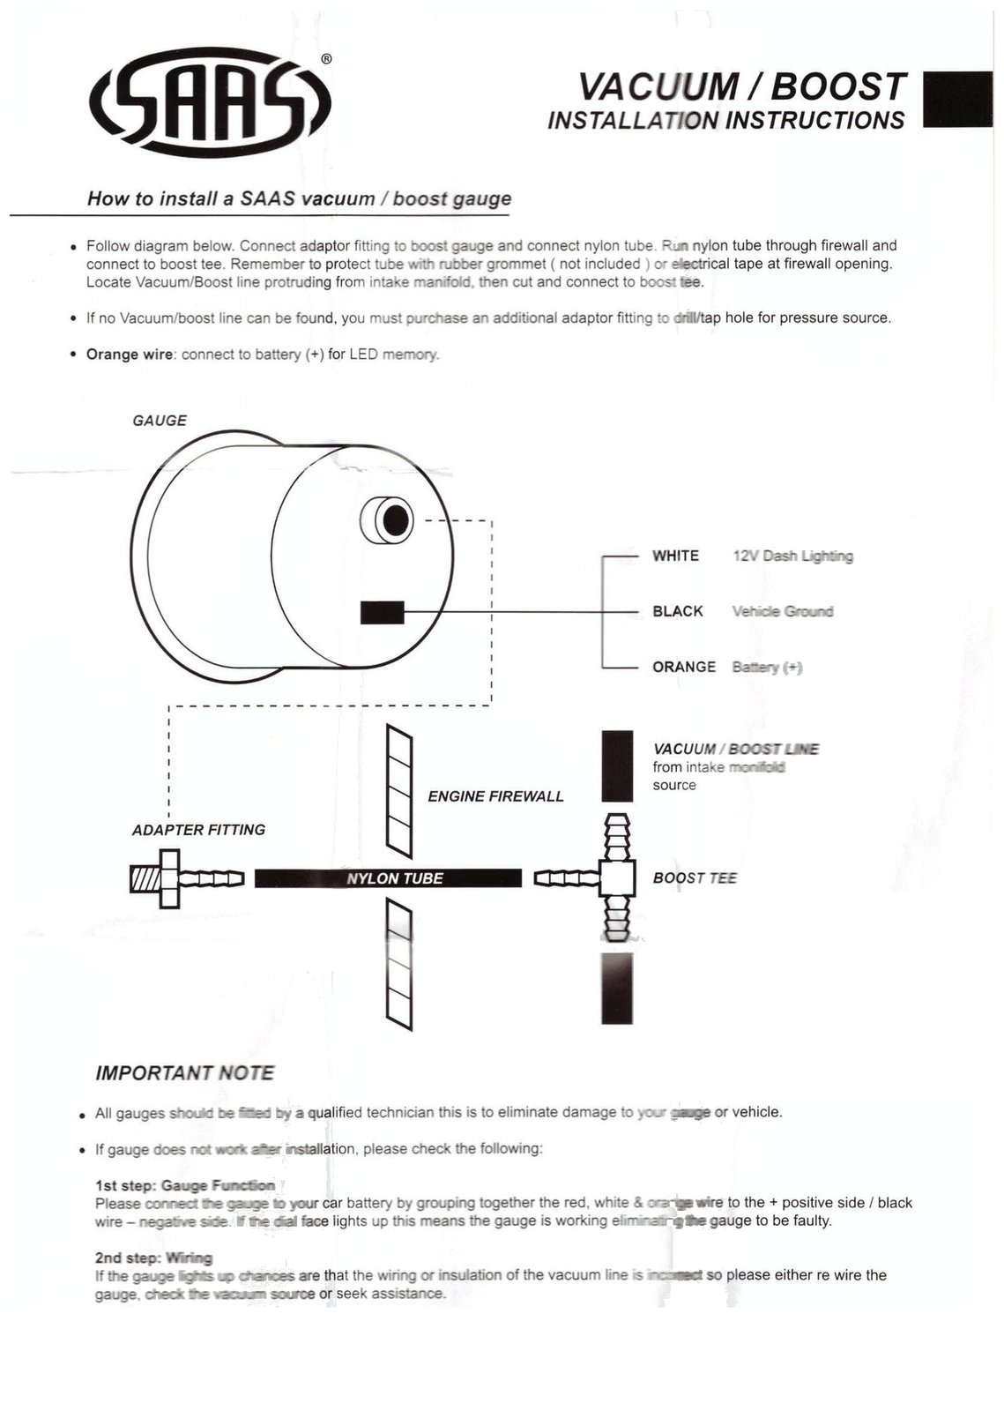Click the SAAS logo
coord(210,104)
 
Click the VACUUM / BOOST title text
coord(741,86)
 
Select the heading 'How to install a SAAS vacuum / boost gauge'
coord(299,198)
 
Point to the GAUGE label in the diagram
coord(160,421)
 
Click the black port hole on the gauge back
coord(396,521)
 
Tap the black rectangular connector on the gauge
coord(382,612)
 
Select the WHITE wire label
coord(675,556)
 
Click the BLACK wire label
coord(677,611)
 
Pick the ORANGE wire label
coord(683,667)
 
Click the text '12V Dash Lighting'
coord(792,556)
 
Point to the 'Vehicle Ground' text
coord(782,611)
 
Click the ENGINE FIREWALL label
coord(495,796)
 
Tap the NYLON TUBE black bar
coord(388,878)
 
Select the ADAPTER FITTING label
coord(198,830)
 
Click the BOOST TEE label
coord(695,877)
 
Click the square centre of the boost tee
coord(617,877)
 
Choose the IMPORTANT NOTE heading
coord(184,1073)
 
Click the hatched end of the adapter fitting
coord(144,878)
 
